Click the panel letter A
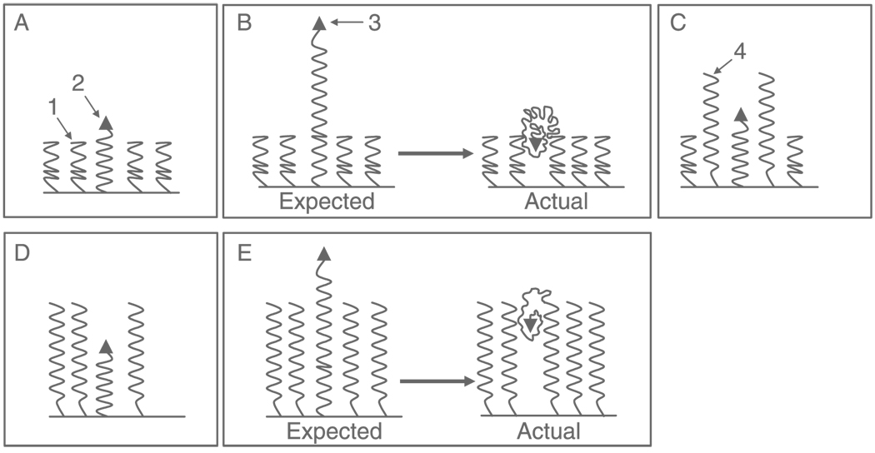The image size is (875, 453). click(x=22, y=23)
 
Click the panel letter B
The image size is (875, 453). click(x=244, y=23)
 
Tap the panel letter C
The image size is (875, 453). click(x=677, y=23)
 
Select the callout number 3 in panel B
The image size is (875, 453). click(x=374, y=23)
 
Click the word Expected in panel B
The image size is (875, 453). click(x=327, y=201)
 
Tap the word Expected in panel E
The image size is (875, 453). click(x=333, y=431)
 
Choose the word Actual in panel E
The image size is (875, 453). click(x=549, y=431)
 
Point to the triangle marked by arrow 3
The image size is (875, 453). click(x=319, y=24)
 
